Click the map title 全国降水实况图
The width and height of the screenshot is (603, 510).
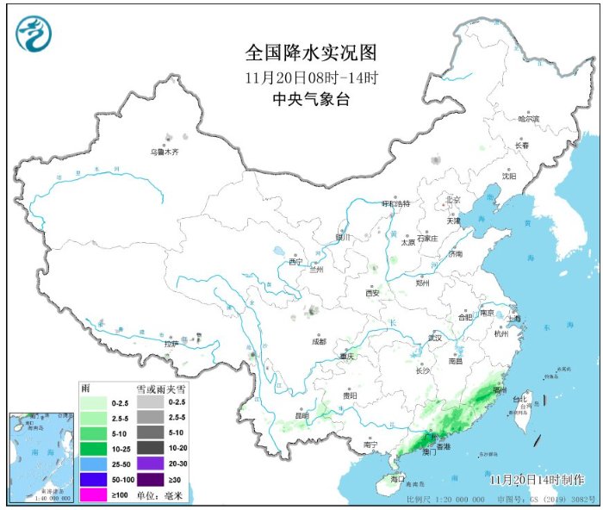click(311, 53)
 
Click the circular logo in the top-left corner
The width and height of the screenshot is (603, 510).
click(34, 34)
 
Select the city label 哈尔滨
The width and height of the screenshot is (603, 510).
click(528, 119)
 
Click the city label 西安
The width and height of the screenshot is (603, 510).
click(371, 293)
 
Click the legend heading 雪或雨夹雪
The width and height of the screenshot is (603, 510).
click(160, 389)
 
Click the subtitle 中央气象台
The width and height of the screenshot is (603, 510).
click(311, 99)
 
